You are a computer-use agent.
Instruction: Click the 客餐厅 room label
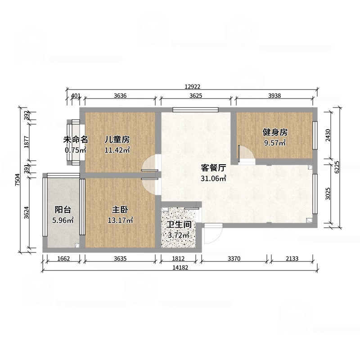coord(213,168)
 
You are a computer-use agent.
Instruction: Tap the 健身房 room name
coord(275,132)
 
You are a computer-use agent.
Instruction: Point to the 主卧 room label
coord(119,209)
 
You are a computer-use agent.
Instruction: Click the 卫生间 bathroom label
coord(180,224)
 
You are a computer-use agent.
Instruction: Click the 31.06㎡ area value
coord(213,179)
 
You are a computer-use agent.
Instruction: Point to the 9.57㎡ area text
coord(275,143)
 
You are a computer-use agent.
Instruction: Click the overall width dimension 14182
coord(180,268)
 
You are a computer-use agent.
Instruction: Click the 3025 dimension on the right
coord(329,194)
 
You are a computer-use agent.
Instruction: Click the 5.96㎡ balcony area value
coord(63,220)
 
